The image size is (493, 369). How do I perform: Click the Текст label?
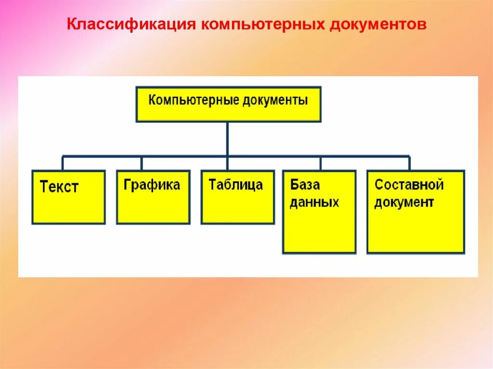[x=59, y=187]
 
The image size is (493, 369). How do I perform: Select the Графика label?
[x=152, y=185]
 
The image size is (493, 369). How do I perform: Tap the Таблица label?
[x=236, y=185]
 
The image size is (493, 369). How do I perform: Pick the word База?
[x=305, y=185]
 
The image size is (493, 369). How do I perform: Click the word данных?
[x=314, y=202]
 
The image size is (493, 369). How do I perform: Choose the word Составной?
[x=409, y=185]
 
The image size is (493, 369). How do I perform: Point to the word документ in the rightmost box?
[x=404, y=202]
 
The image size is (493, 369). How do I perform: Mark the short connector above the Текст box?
[x=63, y=163]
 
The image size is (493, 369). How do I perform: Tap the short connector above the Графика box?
[x=142, y=163]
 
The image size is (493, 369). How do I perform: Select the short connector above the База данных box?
[x=320, y=163]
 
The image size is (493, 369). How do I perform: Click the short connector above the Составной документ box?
[x=409, y=163]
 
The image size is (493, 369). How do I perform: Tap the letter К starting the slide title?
[x=71, y=25]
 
